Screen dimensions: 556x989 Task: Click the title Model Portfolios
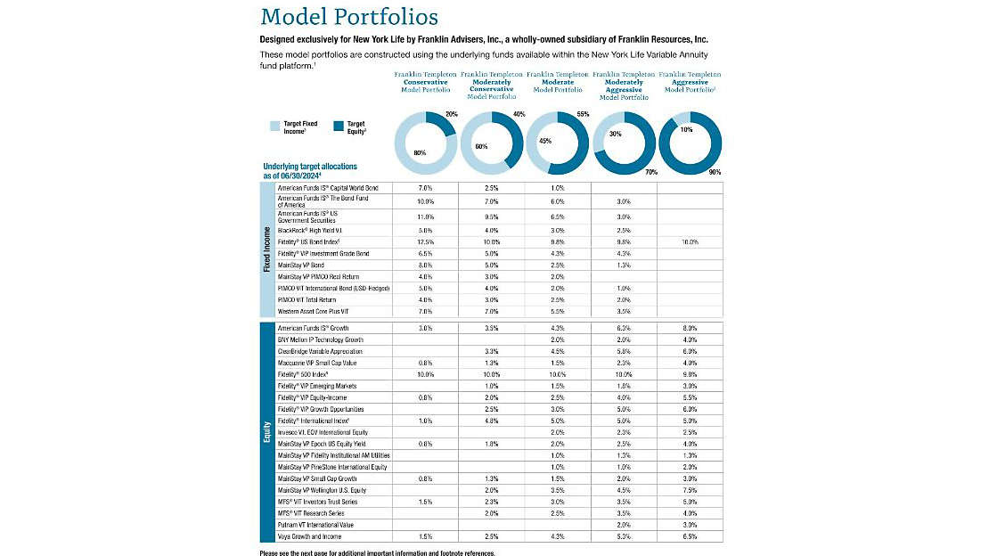pyautogui.click(x=349, y=17)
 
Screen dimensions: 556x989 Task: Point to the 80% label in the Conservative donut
pyautogui.click(x=419, y=153)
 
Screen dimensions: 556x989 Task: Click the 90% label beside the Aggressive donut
pyautogui.click(x=715, y=171)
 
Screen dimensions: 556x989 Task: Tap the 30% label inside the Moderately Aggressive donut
pyautogui.click(x=616, y=134)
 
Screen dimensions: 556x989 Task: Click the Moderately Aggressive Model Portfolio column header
pyautogui.click(x=623, y=86)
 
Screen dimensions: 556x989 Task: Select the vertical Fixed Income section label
pyautogui.click(x=267, y=249)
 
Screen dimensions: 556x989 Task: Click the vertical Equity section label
pyautogui.click(x=267, y=432)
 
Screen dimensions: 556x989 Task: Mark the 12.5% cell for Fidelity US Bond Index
pyautogui.click(x=424, y=241)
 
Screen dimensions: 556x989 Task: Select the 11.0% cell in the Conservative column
pyautogui.click(x=424, y=217)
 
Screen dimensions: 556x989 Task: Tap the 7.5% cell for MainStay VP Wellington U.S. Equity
pyautogui.click(x=690, y=490)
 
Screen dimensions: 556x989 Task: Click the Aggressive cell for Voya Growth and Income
pyautogui.click(x=690, y=536)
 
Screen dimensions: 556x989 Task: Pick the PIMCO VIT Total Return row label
pyautogui.click(x=309, y=299)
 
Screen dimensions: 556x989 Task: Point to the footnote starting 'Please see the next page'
pyautogui.click(x=377, y=552)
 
